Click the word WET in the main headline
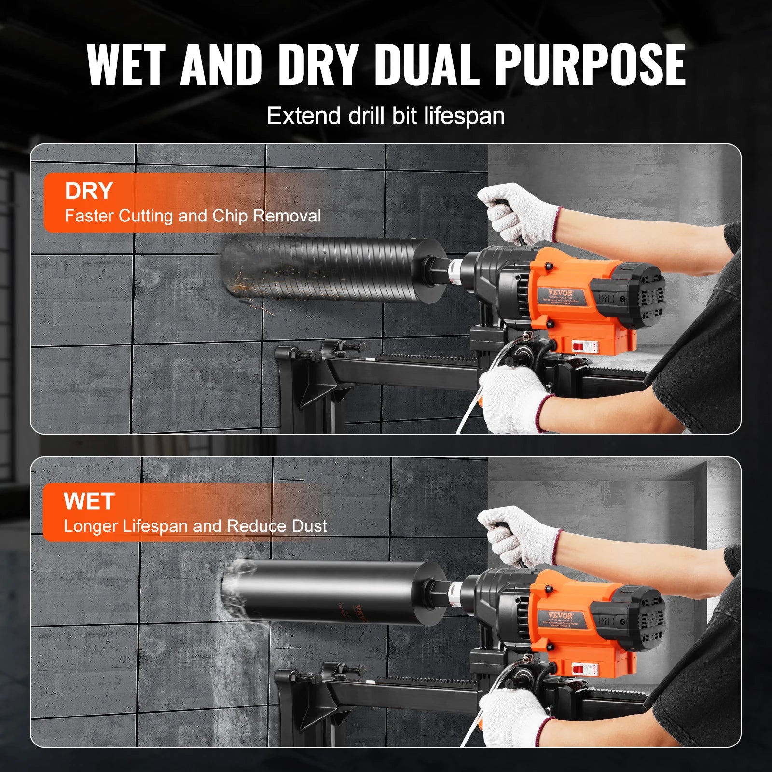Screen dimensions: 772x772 [126, 65]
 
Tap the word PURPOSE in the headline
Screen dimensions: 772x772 [590, 65]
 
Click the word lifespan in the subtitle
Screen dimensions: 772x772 [464, 116]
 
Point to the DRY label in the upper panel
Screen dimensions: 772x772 [89, 191]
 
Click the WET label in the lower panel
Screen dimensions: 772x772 [89, 501]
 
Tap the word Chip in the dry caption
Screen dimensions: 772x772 [230, 216]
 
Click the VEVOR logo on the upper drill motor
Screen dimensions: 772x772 [560, 292]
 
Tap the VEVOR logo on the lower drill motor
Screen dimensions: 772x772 [560, 615]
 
